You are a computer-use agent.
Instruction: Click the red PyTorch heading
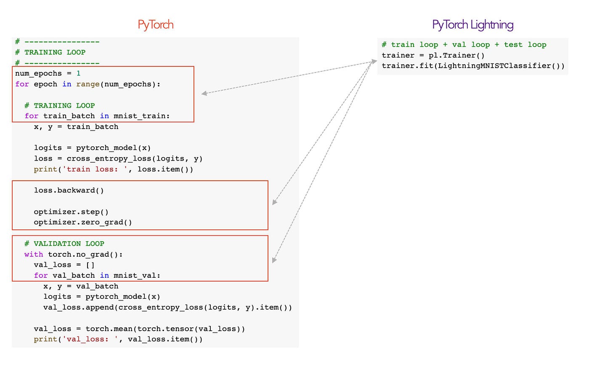click(155, 25)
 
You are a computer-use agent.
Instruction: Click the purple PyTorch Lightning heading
click(472, 25)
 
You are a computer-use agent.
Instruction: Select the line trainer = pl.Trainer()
click(433, 55)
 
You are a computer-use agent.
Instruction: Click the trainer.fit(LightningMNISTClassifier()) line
click(473, 66)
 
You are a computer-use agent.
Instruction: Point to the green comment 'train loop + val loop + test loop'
click(464, 45)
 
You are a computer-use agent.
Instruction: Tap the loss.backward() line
click(69, 190)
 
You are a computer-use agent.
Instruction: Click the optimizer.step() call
click(71, 212)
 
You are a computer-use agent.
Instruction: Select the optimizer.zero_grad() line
click(83, 222)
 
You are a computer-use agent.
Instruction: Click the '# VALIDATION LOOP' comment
click(64, 244)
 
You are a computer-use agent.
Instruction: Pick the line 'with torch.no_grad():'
click(73, 254)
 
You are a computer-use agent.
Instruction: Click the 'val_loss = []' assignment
click(64, 265)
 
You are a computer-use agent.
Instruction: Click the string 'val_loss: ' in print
click(90, 340)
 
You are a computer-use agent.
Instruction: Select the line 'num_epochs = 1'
click(48, 74)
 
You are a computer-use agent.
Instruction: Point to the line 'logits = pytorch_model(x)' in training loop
click(92, 148)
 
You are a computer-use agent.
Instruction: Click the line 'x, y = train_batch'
click(76, 127)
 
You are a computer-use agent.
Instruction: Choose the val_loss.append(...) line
click(167, 308)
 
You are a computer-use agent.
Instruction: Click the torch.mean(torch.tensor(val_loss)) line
click(139, 329)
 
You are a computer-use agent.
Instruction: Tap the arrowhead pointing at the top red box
click(204, 93)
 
